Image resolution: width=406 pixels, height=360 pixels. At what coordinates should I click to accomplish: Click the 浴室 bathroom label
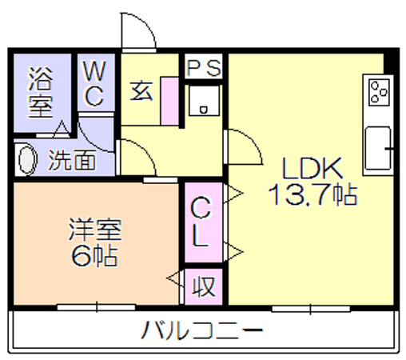click(41, 92)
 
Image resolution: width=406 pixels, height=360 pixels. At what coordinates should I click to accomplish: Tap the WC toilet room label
click(94, 83)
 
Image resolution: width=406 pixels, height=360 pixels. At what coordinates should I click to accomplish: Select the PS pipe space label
click(204, 68)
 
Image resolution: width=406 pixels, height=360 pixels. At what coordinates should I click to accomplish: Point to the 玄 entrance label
click(141, 90)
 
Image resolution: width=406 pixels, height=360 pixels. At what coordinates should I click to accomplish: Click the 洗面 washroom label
click(72, 160)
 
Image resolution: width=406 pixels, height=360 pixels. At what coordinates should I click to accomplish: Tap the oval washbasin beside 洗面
click(27, 160)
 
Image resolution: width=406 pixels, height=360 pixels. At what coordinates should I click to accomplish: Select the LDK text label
click(312, 169)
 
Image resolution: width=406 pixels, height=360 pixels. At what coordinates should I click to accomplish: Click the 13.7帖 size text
click(312, 194)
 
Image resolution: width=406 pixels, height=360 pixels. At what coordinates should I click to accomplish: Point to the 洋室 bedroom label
click(95, 230)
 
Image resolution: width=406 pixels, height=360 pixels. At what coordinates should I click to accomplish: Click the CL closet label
click(201, 222)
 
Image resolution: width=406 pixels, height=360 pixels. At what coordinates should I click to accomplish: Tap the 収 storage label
click(204, 286)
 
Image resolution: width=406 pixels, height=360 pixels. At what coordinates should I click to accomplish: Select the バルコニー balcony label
click(202, 330)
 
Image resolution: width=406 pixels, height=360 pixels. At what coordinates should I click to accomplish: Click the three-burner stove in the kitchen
click(379, 92)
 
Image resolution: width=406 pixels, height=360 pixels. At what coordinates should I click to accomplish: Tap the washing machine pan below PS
click(204, 100)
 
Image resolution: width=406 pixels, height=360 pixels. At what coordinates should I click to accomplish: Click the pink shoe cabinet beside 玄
click(169, 101)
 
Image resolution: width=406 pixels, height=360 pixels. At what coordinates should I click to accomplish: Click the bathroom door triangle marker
click(62, 129)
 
